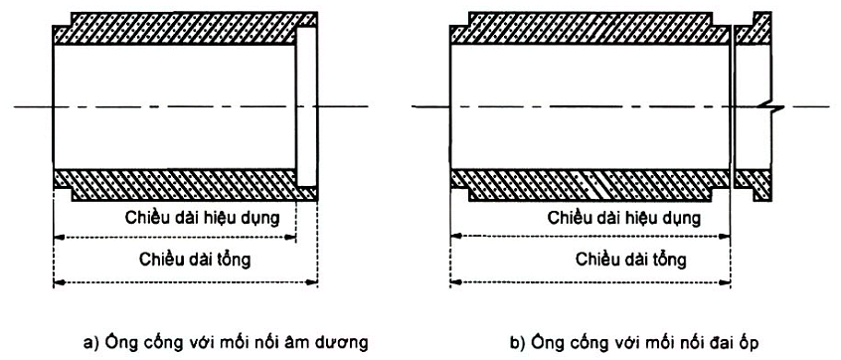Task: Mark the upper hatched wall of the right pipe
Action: [x=587, y=31]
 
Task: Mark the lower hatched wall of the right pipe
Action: [x=587, y=183]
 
